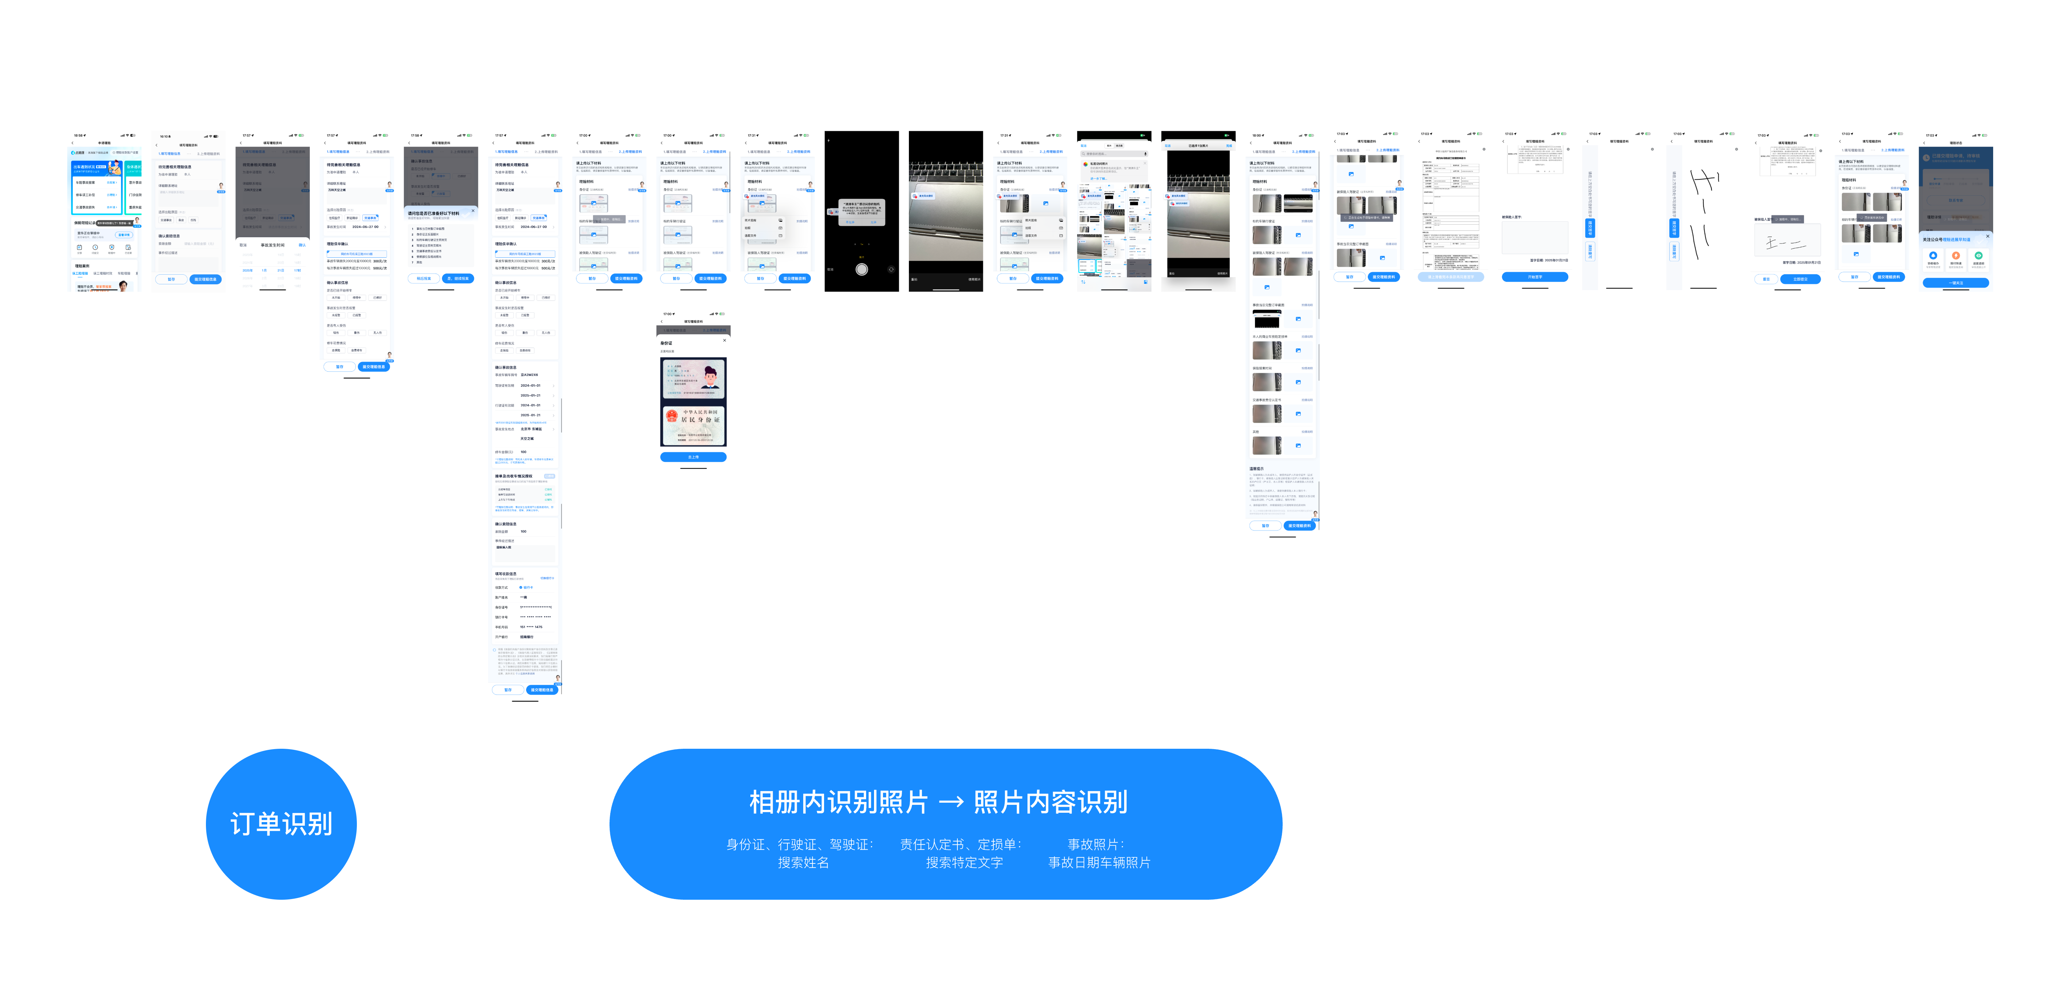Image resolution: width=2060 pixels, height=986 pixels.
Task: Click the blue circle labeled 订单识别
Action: coord(281,824)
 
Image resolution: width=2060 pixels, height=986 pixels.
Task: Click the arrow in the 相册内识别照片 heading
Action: coord(951,802)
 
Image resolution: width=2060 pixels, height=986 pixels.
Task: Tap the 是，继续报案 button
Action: coord(458,278)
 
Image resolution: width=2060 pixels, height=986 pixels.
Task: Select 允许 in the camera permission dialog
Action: coord(873,222)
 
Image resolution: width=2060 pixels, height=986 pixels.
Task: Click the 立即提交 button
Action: coord(1800,279)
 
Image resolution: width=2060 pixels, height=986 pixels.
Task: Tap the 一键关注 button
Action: coord(1955,282)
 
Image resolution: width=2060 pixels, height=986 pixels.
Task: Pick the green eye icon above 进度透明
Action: coord(1978,256)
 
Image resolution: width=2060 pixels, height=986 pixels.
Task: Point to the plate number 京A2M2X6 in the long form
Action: coord(529,374)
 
